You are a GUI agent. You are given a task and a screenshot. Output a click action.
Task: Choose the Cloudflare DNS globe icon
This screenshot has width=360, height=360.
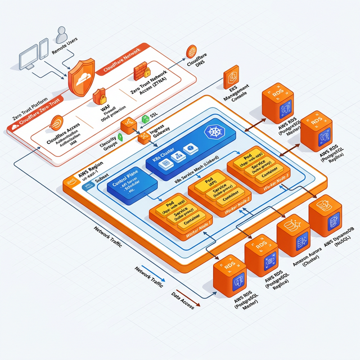(191, 51)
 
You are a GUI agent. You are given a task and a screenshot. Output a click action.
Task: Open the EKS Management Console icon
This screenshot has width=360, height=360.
(231, 79)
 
